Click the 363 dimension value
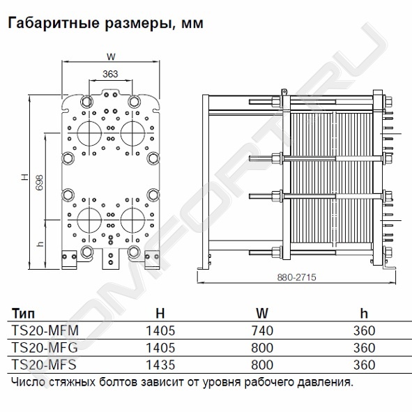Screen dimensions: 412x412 [x=110, y=75]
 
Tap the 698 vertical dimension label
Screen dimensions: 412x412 [x=39, y=183]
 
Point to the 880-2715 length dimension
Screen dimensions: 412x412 [x=297, y=277]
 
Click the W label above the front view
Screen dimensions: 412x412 [x=111, y=56]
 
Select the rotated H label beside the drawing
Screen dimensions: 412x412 [x=24, y=176]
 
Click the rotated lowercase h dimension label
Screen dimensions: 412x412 [x=40, y=244]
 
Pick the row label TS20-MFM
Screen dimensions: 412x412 [x=45, y=330]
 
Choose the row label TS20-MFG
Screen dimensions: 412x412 [x=45, y=348]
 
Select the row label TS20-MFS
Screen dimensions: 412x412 [x=44, y=365]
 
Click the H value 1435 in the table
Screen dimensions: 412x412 [x=160, y=365]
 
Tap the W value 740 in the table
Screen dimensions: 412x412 [x=262, y=330]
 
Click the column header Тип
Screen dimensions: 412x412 [x=23, y=314]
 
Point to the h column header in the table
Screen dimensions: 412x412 [x=364, y=313]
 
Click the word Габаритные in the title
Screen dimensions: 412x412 [x=54, y=23]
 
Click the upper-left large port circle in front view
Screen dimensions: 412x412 [x=89, y=133]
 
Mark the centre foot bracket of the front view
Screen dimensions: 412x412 [x=111, y=259]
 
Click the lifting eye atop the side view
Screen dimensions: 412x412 [x=284, y=92]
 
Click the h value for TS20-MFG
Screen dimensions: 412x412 [x=364, y=348]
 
